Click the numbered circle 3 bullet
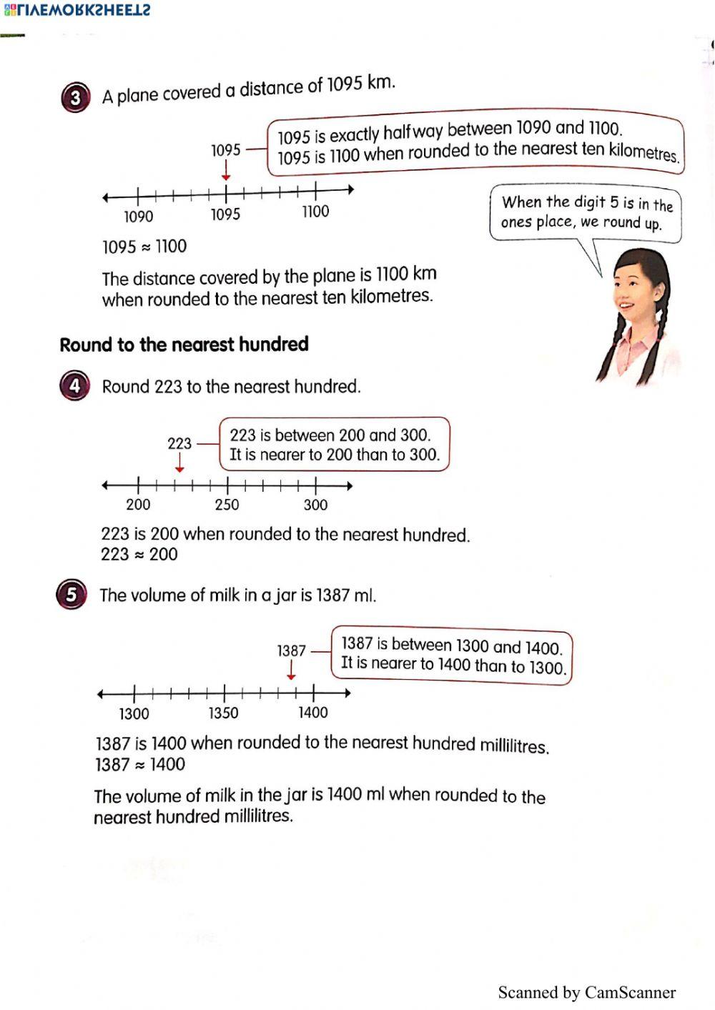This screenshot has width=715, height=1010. [76, 98]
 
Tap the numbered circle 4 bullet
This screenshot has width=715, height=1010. [74, 387]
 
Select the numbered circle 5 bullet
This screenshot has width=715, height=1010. [71, 595]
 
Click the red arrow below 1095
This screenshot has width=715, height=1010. [226, 171]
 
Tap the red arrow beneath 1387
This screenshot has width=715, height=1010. [291, 670]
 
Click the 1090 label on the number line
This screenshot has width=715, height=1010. [138, 217]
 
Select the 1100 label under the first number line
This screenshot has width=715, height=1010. [315, 212]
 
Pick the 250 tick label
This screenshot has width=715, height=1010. [227, 505]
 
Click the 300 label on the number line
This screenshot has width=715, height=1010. [315, 505]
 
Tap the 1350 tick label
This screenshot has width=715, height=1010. [223, 713]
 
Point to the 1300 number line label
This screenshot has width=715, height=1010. [134, 713]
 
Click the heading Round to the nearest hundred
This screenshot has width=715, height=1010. [184, 345]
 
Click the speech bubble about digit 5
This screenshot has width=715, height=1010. [586, 212]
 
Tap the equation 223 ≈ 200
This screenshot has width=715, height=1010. [139, 554]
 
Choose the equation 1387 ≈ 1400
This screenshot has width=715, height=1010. [140, 764]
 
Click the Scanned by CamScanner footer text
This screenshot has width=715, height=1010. [586, 992]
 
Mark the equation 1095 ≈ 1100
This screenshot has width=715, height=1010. [144, 247]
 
